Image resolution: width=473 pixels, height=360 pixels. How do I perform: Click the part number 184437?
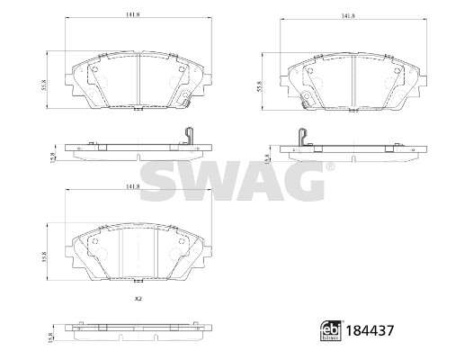pos(370,330)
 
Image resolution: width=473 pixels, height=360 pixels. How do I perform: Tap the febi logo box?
pos(332,330)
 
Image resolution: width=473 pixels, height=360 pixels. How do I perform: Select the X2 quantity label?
pos(138,299)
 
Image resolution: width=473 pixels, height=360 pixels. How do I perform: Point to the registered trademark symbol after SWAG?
pos(330,167)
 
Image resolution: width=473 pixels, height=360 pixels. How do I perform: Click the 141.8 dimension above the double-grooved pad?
pos(133,186)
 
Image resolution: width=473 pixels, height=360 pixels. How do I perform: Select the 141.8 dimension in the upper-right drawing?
pos(348,16)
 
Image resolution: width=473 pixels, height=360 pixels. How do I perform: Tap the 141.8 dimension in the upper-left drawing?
pos(133,14)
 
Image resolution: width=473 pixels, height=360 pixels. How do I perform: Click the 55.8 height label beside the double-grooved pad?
pos(45,256)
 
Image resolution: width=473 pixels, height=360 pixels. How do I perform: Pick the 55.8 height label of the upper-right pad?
pos(260,86)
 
